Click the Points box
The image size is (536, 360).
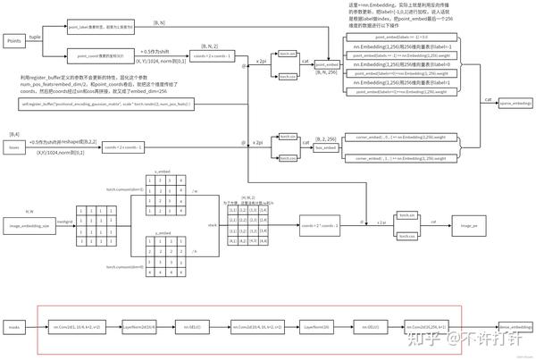pyautogui.click(x=14, y=41)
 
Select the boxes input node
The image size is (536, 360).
pyautogui.click(x=14, y=147)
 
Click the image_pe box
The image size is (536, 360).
pyautogui.click(x=468, y=227)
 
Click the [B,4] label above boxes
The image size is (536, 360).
pyautogui.click(x=13, y=133)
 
